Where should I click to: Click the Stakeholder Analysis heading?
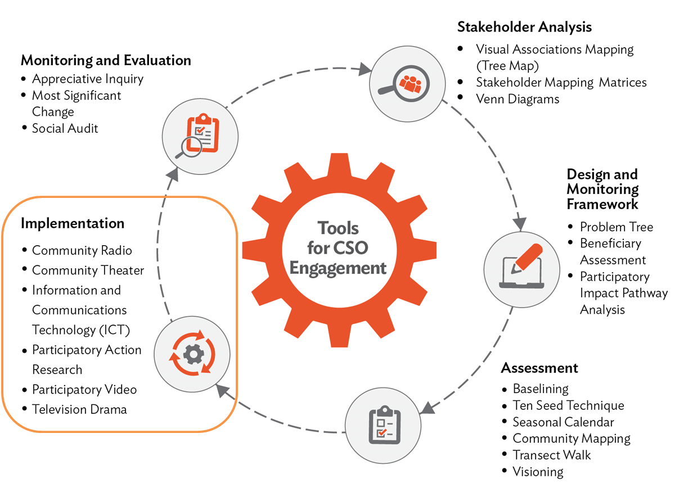point(524,26)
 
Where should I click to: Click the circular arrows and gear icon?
point(192,353)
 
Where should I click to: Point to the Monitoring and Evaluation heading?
point(106,60)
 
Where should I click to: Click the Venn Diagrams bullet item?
point(518,99)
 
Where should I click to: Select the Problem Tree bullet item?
point(617,227)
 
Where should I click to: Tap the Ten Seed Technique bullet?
point(568,405)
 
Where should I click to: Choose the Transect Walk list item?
point(551,455)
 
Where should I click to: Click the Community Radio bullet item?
point(82,250)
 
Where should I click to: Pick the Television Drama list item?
point(79,409)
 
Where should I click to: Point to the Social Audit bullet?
point(65,128)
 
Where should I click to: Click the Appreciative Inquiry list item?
point(87,79)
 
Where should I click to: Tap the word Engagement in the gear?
point(339,268)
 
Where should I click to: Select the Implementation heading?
point(73,223)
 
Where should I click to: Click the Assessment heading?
point(539,368)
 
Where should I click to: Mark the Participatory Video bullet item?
point(84,390)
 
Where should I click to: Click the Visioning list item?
point(538,471)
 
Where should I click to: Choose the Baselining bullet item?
point(541,389)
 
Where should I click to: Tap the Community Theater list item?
point(88,270)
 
